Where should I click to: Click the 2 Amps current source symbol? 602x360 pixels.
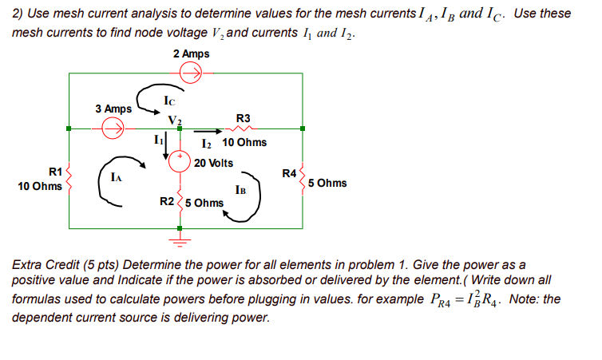click(192, 73)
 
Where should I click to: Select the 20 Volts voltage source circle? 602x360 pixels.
click(180, 162)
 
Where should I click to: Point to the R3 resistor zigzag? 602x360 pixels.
click(240, 127)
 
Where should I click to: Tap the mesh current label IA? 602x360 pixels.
click(117, 180)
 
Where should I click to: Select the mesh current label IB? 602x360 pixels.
click(241, 190)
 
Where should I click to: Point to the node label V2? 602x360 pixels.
click(175, 120)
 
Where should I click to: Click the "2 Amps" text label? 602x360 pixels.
click(191, 53)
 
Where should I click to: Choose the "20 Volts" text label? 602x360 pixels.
click(213, 163)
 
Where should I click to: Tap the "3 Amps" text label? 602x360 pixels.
click(113, 109)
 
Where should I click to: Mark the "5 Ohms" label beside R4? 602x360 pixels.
click(327, 183)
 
